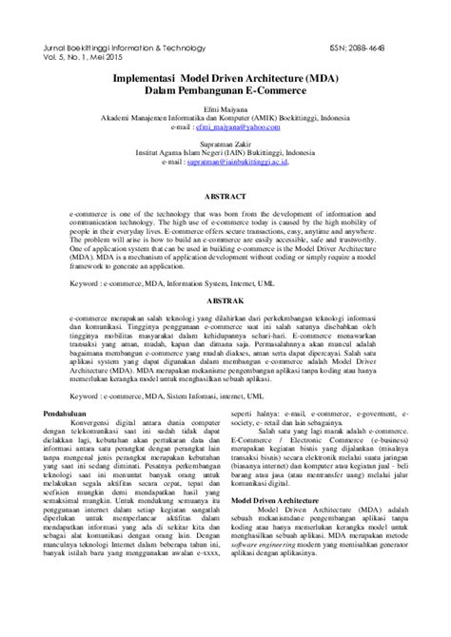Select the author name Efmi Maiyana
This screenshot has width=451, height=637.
click(x=225, y=111)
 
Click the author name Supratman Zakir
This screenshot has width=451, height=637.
click(x=225, y=145)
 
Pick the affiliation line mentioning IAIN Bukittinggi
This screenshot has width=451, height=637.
click(x=225, y=154)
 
